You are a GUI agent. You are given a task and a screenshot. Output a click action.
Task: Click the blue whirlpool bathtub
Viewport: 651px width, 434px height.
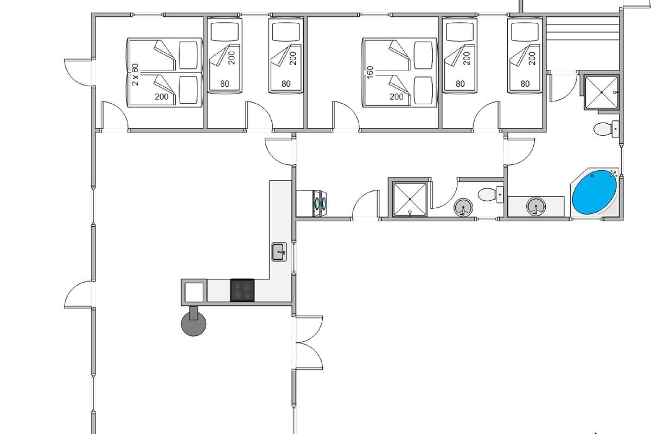coord(595,193)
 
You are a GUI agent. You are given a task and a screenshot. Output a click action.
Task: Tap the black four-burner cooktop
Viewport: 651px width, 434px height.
coord(242,290)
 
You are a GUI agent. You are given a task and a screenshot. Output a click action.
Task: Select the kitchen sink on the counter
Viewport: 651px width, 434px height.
coord(279,252)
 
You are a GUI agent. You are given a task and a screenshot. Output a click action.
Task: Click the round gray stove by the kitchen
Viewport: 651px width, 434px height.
coord(194,323)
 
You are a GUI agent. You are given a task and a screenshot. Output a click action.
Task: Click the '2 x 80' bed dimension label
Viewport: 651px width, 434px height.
coord(135,74)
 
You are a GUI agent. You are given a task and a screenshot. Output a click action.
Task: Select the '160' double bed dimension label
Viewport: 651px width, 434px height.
coord(369,73)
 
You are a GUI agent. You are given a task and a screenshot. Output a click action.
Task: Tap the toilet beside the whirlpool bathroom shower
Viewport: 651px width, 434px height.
coord(607,129)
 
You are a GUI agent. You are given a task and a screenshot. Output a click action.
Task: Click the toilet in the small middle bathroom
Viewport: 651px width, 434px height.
coord(490,194)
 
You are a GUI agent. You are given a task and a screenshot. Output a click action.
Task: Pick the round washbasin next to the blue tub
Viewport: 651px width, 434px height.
coord(535,206)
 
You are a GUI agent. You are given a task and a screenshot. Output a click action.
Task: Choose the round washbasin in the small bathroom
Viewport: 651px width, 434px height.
coord(463,208)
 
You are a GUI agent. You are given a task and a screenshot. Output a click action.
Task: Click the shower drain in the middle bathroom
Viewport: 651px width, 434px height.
coord(410,199)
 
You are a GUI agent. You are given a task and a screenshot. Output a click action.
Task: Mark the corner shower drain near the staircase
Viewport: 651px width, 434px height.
coord(602,92)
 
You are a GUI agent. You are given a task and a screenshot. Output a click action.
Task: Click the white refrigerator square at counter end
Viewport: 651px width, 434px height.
coord(194,292)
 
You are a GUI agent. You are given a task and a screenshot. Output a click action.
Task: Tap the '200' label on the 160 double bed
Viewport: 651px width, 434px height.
coord(397,97)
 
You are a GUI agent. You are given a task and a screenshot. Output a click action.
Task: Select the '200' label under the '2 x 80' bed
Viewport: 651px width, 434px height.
coord(162,97)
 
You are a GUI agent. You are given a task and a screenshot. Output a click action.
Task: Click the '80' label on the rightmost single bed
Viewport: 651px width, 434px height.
coord(525,84)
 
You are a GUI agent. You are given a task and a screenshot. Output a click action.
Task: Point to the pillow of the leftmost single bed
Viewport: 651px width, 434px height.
coord(225,31)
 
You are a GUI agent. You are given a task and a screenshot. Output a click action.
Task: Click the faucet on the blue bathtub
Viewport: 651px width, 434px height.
coord(614,174)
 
